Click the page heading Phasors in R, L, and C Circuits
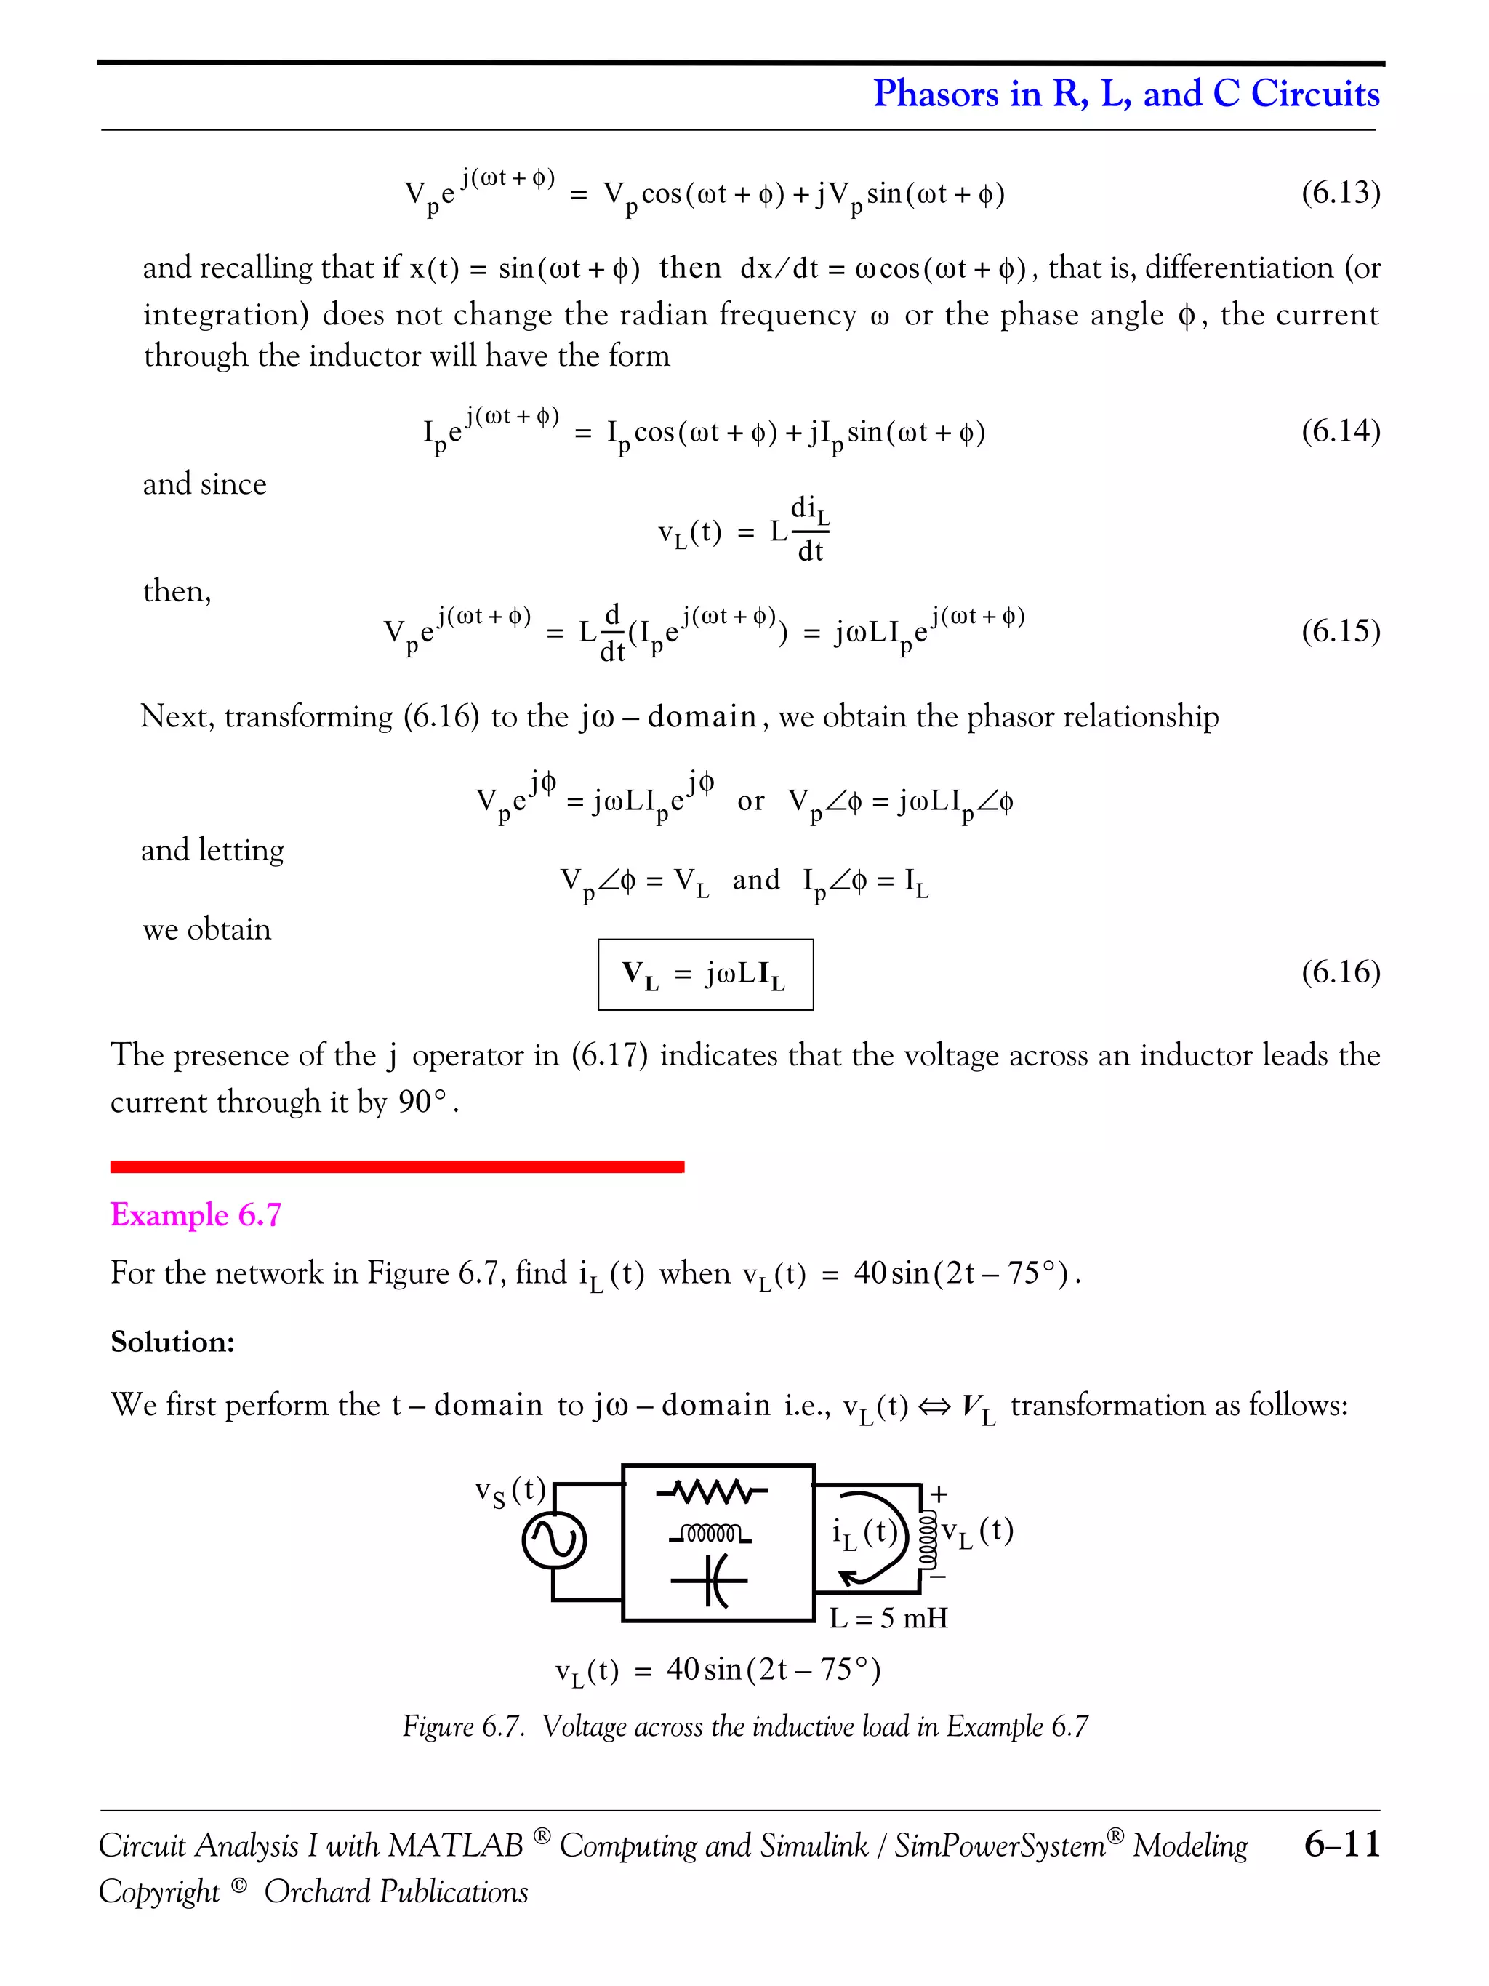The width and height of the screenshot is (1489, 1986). (1125, 93)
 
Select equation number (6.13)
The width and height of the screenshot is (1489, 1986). (1340, 191)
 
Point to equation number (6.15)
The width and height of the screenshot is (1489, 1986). (1340, 630)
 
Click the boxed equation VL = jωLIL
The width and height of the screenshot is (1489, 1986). (705, 974)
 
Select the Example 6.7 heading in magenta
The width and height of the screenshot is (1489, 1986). (196, 1214)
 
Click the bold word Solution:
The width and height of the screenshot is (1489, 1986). (172, 1342)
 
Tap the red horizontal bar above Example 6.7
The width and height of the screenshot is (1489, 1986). (397, 1166)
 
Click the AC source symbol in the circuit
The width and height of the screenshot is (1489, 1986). (554, 1542)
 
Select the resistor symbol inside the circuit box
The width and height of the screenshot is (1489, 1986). (712, 1493)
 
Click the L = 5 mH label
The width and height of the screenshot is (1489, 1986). (888, 1618)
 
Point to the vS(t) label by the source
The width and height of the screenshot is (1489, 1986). (510, 1492)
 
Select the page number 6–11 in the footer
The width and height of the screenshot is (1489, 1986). (1341, 1844)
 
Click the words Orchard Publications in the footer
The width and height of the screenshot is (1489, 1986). (396, 1891)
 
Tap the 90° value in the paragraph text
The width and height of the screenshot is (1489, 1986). (422, 1102)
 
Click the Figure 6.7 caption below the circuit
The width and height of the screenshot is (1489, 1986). (745, 1726)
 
